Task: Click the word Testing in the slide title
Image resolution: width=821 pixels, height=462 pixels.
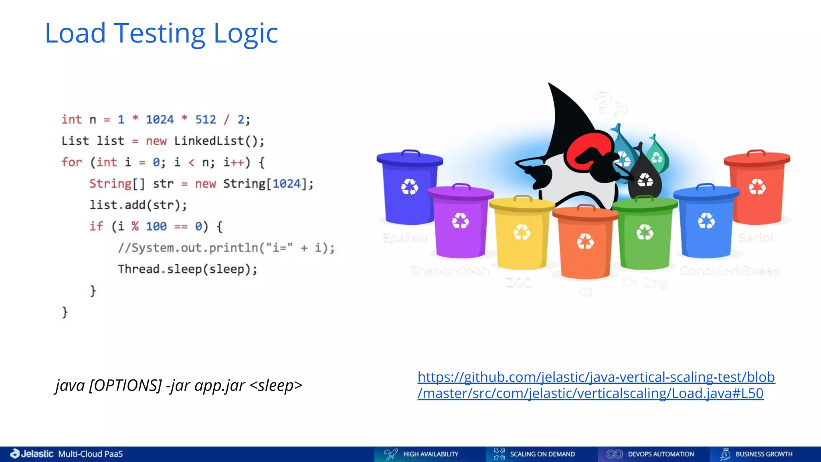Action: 160,34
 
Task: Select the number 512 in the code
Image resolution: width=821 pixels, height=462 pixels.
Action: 205,120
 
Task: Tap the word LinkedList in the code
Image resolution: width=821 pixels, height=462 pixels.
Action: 209,141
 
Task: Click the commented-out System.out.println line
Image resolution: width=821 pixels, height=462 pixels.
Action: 226,248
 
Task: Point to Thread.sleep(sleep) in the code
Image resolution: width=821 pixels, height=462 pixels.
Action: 187,269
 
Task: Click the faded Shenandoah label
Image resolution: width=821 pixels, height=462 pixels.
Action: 449,271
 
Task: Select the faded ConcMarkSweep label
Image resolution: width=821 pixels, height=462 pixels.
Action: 730,271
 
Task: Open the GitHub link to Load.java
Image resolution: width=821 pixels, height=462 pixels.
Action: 596,385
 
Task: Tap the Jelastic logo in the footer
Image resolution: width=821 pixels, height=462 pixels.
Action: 32,454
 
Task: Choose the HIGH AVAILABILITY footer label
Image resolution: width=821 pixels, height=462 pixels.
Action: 430,454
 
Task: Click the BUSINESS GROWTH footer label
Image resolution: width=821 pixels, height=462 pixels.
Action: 764,454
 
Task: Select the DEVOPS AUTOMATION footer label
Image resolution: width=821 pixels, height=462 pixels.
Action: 660,454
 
